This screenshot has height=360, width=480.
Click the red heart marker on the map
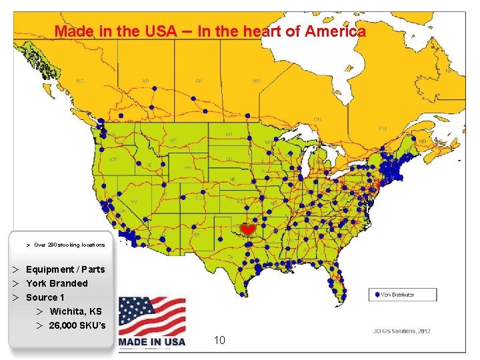tap(247, 229)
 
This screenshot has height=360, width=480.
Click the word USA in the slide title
tap(161, 31)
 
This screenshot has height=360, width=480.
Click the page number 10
tap(220, 341)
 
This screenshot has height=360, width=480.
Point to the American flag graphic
tap(152, 316)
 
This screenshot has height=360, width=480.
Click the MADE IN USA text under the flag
tap(152, 342)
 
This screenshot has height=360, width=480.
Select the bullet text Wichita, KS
tap(75, 311)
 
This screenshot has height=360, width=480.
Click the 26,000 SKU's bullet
tap(77, 325)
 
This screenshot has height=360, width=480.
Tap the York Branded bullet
tap(57, 283)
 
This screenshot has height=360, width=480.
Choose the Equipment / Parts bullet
tap(65, 269)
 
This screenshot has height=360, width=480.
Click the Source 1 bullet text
tap(45, 297)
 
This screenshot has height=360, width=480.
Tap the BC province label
tap(81, 81)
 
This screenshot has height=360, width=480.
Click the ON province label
tap(317, 119)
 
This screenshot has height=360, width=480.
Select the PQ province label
tap(383, 127)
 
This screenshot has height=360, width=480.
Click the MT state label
tap(173, 141)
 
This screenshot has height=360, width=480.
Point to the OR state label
tap(113, 160)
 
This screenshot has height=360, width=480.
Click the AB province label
tap(145, 81)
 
